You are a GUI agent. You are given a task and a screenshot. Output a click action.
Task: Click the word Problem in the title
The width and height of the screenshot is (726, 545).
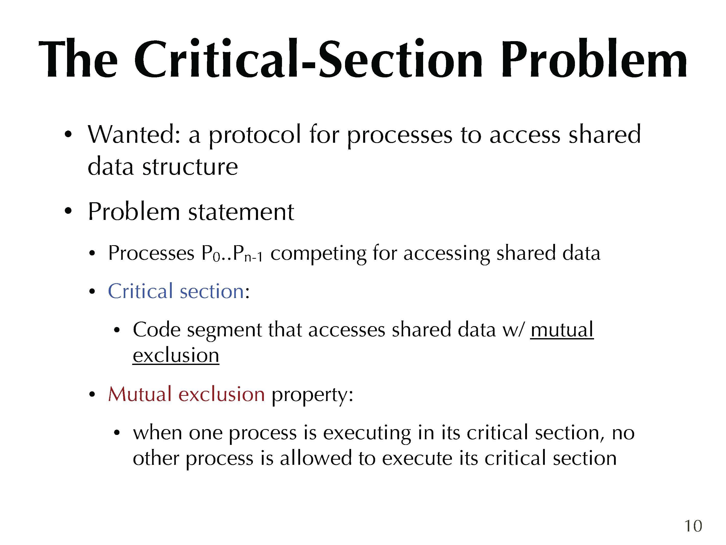tap(594, 59)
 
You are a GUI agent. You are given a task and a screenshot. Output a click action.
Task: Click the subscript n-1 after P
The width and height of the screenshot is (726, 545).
tap(253, 257)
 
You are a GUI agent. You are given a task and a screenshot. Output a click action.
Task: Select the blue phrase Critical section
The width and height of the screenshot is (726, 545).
tap(176, 291)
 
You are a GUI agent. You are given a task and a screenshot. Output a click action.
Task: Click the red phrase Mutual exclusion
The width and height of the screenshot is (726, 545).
tap(187, 394)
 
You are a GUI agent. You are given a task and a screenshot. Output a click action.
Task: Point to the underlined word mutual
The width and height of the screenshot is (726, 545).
tap(562, 329)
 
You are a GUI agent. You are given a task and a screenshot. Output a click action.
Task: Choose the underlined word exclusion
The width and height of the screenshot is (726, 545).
tap(176, 355)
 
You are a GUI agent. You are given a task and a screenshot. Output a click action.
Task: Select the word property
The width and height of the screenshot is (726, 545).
tap(312, 395)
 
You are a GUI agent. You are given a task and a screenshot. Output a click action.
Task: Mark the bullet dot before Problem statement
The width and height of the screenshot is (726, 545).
tap(68, 211)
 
